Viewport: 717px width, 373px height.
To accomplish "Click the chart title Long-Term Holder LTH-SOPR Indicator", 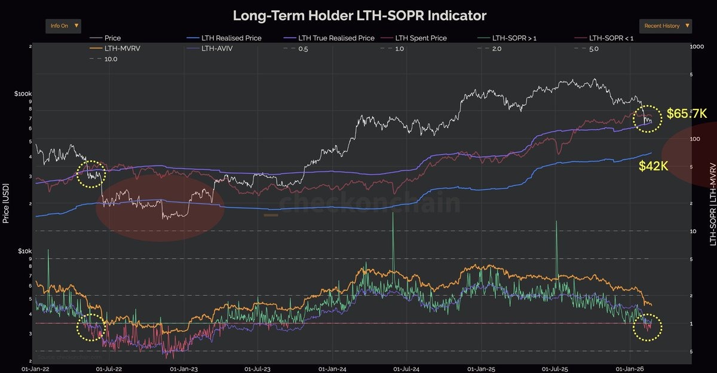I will click(x=359, y=15).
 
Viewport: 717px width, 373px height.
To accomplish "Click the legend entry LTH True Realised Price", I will click(x=336, y=38).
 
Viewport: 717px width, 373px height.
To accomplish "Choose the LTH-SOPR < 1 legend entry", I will click(x=610, y=38).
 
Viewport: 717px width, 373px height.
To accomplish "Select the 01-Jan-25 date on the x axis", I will click(x=481, y=369).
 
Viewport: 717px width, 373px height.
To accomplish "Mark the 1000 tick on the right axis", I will click(x=697, y=47).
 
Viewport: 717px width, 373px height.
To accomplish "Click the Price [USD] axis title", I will click(x=5, y=203).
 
